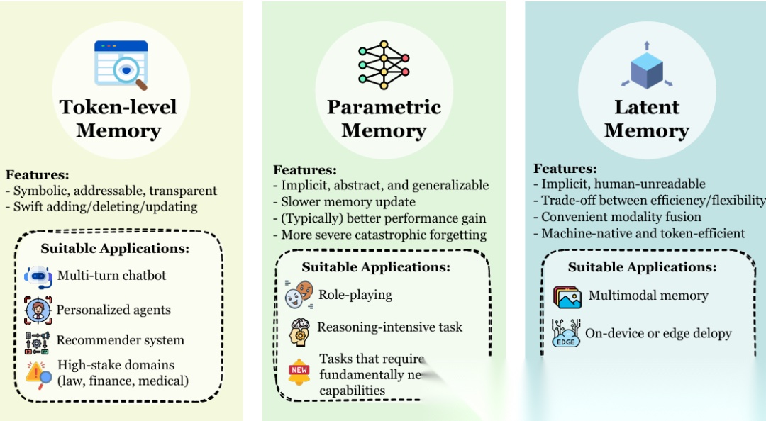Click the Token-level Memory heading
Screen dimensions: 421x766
click(118, 118)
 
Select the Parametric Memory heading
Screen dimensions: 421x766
click(384, 118)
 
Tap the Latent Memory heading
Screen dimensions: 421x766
click(646, 118)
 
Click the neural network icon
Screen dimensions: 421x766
click(384, 64)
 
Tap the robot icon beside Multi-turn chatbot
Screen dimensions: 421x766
click(38, 276)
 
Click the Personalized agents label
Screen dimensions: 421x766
click(113, 310)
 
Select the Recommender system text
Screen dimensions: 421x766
click(120, 340)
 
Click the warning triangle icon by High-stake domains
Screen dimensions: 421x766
click(38, 372)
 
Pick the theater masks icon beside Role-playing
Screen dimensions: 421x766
click(299, 295)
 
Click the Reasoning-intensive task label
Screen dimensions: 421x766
click(389, 327)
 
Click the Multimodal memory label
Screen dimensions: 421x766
click(648, 296)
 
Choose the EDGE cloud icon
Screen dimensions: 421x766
click(566, 333)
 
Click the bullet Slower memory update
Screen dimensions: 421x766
click(348, 202)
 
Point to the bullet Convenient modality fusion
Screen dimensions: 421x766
click(621, 217)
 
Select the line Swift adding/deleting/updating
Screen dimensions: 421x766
click(105, 207)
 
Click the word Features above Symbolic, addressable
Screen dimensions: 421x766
click(38, 174)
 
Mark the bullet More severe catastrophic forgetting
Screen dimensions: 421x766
click(384, 235)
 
